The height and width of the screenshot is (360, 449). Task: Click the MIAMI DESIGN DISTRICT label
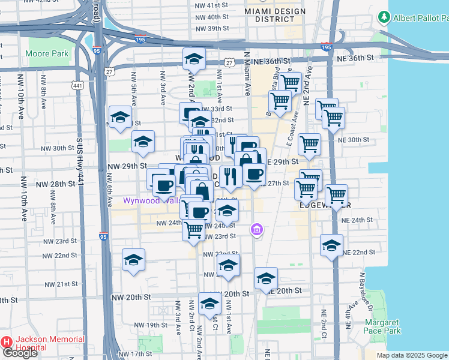[x=270, y=15]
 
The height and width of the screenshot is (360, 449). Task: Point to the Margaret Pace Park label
[x=382, y=326]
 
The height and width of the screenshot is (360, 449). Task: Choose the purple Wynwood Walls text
[x=151, y=200]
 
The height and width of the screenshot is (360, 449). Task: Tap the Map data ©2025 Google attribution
[x=412, y=355]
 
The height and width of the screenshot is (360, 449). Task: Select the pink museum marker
[x=257, y=229]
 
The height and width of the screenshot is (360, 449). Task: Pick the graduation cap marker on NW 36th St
[x=194, y=59]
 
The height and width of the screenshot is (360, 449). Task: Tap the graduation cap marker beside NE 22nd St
[x=331, y=245]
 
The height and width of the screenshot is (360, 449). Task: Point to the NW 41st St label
[x=212, y=5]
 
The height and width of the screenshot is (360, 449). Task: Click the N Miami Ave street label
[x=246, y=73]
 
